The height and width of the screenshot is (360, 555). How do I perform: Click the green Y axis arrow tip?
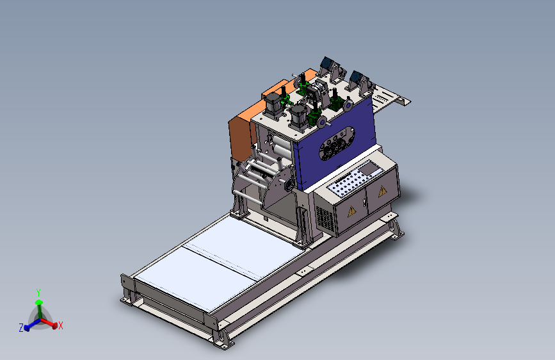(x=39, y=302)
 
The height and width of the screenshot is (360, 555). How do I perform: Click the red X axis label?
(x=61, y=325)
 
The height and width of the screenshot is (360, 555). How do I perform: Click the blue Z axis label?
(x=21, y=328)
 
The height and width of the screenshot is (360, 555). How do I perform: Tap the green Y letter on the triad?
(x=38, y=293)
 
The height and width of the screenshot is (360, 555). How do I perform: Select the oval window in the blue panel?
(x=337, y=143)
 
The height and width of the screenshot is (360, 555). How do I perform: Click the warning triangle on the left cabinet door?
(x=351, y=211)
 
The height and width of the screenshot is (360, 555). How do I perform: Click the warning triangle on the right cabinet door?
(x=383, y=191)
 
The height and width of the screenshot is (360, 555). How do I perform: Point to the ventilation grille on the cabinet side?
(x=325, y=218)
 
